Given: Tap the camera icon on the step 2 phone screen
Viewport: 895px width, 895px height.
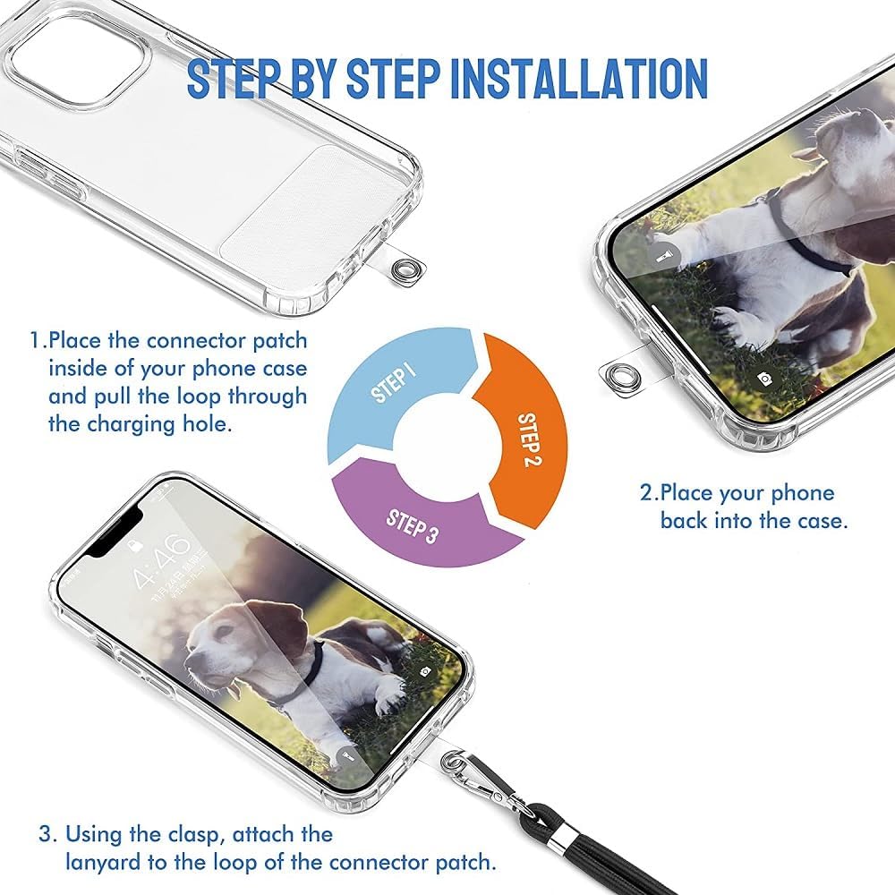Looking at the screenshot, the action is coord(763,378).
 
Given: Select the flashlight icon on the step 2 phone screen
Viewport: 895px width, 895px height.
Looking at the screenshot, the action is coord(664,254).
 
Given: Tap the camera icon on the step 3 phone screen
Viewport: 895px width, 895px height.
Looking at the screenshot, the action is coord(425,672).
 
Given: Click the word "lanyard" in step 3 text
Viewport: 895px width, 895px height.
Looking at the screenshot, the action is coord(103,863).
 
